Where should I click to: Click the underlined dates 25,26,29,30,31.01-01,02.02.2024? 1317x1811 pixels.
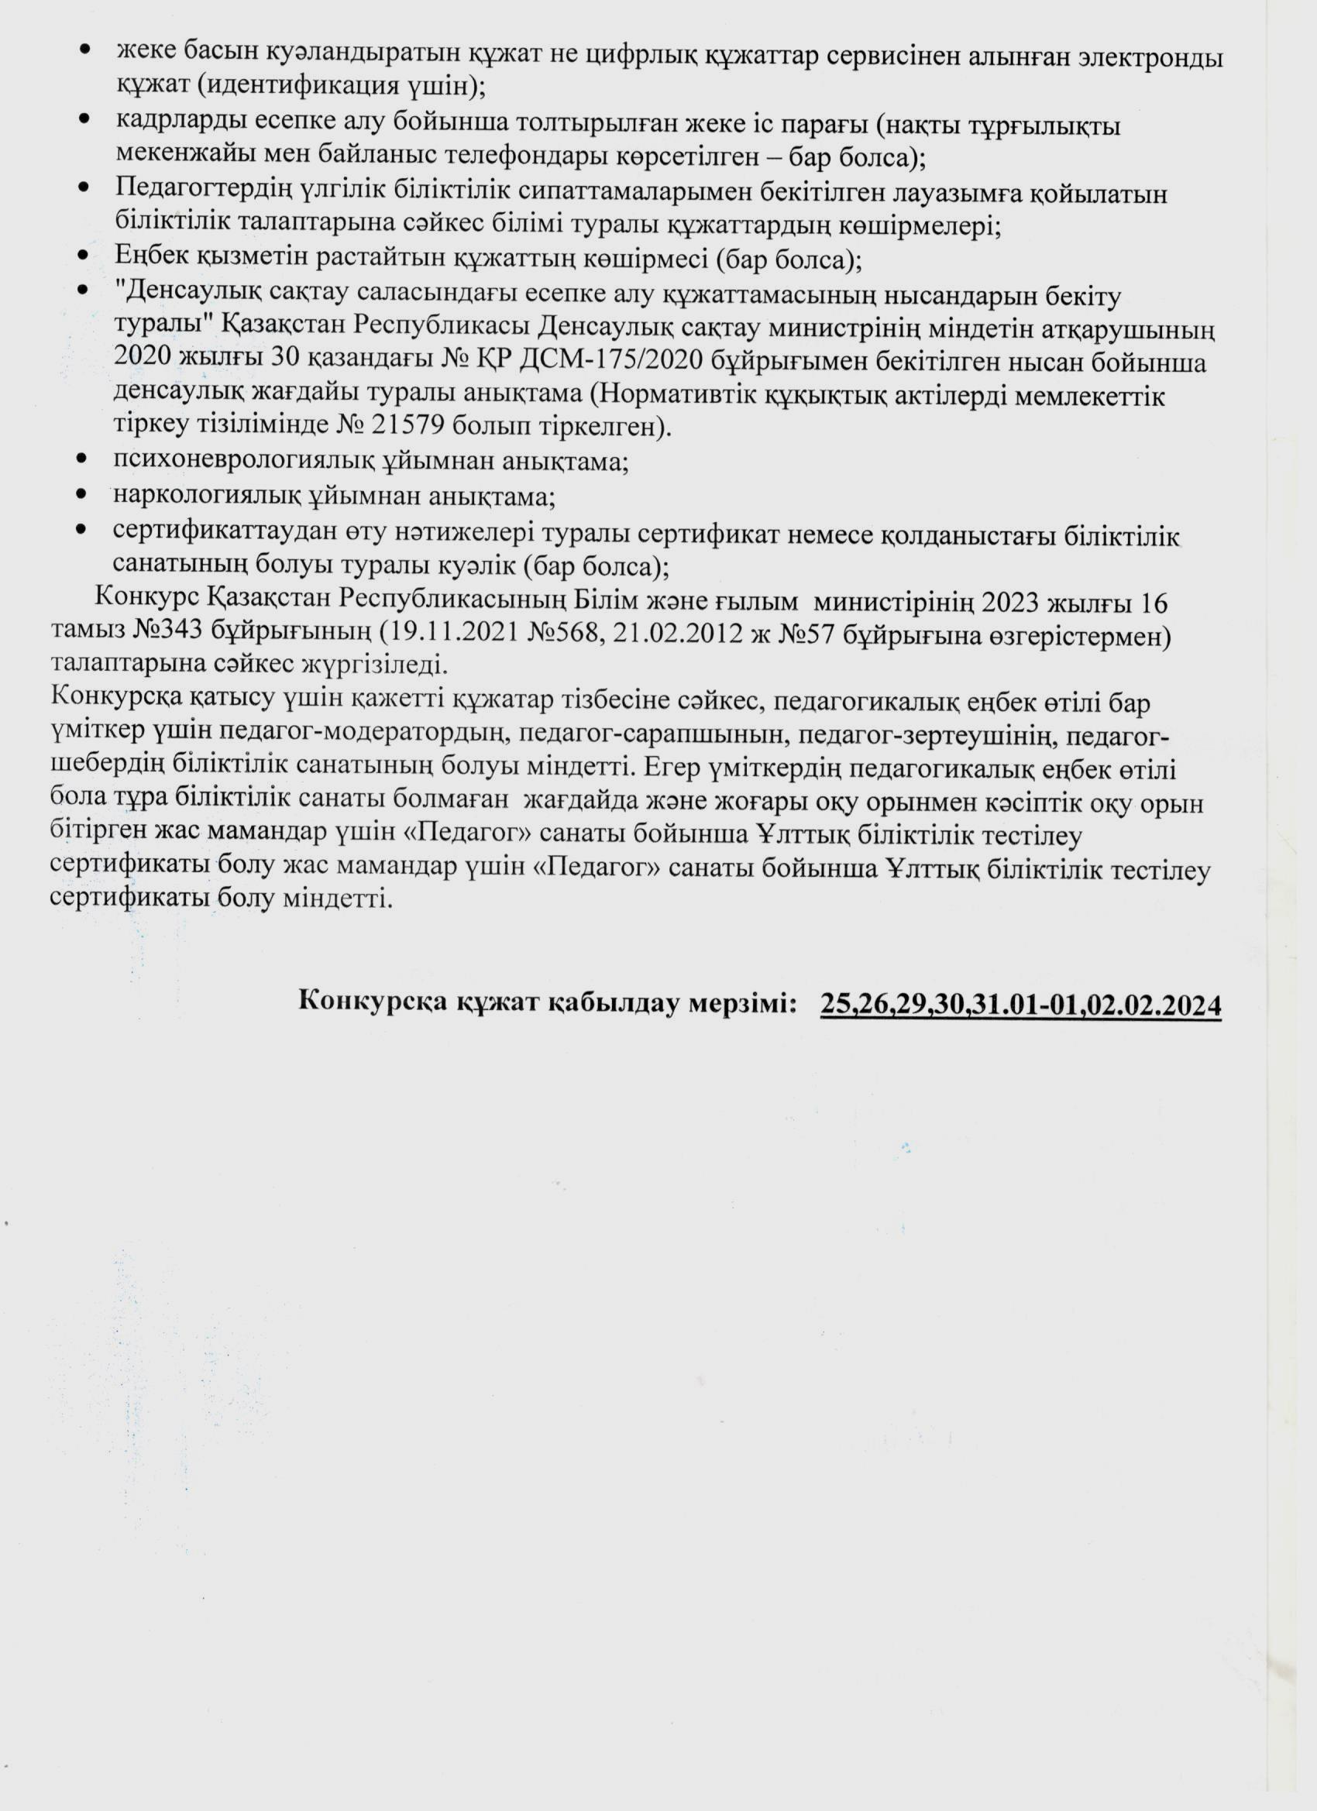pos(1020,1004)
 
